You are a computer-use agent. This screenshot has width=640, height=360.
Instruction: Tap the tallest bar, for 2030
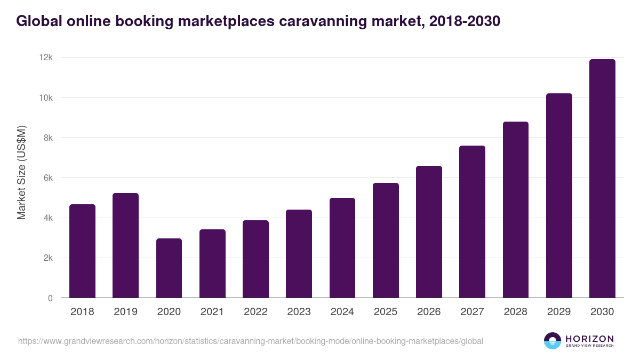(602, 179)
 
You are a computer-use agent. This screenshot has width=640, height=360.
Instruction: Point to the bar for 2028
(516, 210)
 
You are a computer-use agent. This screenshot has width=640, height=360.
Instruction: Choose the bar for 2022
(255, 259)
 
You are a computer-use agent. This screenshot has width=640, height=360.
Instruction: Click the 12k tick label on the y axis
(46, 58)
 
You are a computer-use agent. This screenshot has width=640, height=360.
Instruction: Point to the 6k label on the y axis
(47, 178)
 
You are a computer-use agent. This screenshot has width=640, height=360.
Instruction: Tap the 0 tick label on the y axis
(50, 298)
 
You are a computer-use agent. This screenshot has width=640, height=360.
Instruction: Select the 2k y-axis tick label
(47, 258)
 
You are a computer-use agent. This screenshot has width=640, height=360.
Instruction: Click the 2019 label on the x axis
(125, 312)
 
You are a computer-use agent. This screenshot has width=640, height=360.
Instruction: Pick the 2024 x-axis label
(342, 312)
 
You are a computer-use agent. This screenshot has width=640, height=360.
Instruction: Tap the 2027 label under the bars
(472, 312)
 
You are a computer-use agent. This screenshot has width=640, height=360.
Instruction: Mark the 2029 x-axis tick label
(559, 312)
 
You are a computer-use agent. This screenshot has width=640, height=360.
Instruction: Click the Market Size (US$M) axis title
(21, 172)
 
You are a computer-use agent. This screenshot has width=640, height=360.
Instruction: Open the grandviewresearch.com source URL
(251, 341)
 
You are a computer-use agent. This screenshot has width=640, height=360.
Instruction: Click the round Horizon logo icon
(553, 341)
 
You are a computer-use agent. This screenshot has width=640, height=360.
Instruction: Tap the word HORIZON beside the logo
(589, 338)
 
